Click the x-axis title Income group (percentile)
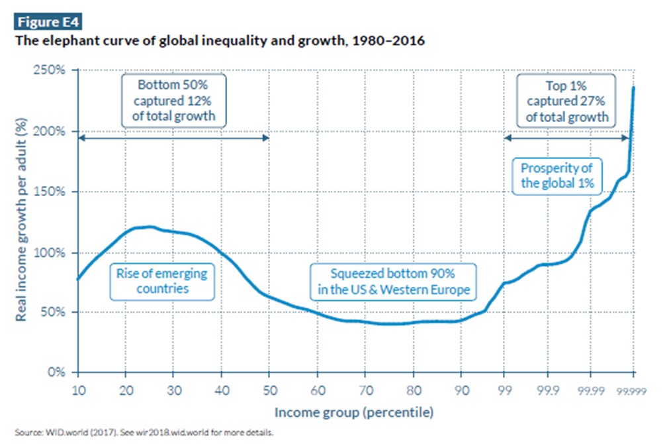coord(354,413)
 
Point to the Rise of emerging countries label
coord(161,281)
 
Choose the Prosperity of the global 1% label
coord(556,176)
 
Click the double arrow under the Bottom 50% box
coord(173,137)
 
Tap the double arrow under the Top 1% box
coord(567,137)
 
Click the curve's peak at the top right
coord(634,87)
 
